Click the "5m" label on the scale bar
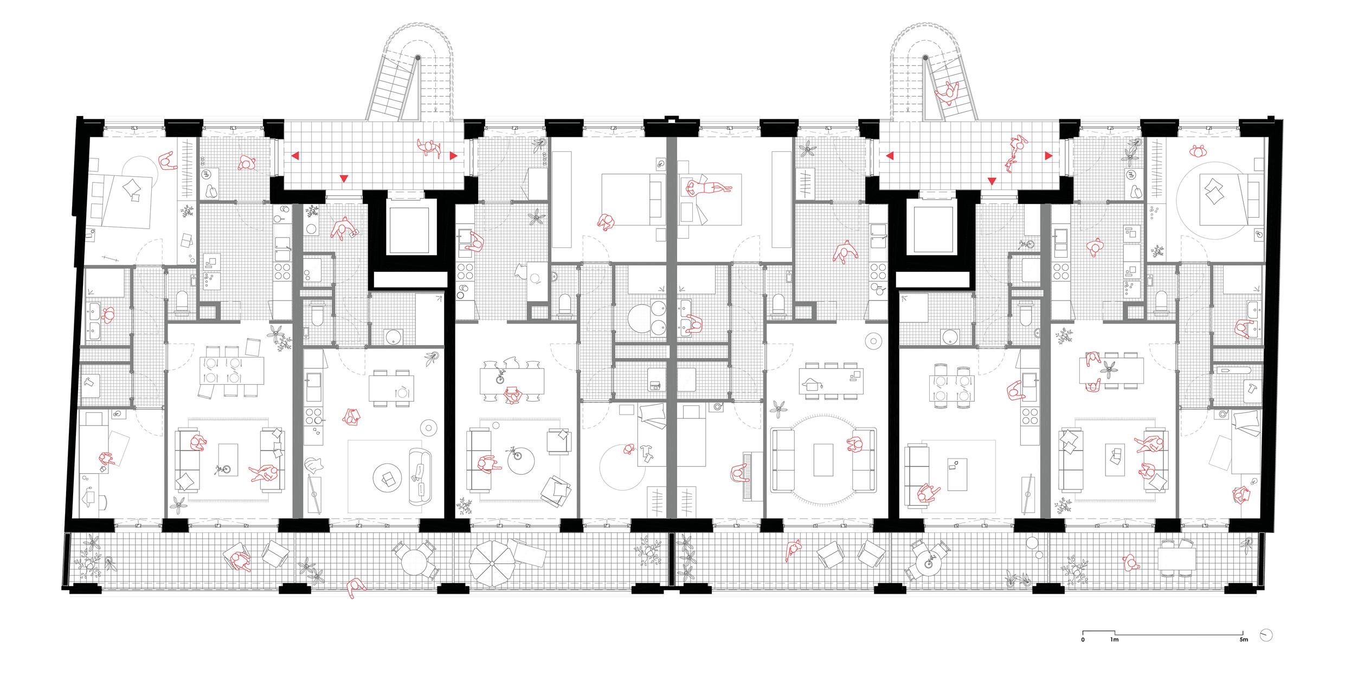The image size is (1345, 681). (x=1244, y=655)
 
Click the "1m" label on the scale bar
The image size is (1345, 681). (x=1114, y=655)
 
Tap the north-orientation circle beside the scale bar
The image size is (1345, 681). (x=1267, y=650)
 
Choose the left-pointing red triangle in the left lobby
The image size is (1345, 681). (x=295, y=156)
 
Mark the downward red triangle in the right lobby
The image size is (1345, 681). (x=992, y=181)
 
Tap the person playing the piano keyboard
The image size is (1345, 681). (x=738, y=474)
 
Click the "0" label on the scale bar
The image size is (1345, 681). (x=1083, y=655)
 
